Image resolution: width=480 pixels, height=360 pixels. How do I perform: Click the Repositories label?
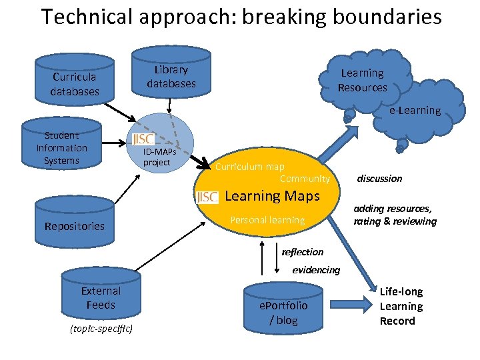(x=75, y=226)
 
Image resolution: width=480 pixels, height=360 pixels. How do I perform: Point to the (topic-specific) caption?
(x=101, y=329)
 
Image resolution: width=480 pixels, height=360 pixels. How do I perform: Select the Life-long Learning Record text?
(x=401, y=306)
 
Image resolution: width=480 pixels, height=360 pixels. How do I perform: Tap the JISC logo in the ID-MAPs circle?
(x=143, y=139)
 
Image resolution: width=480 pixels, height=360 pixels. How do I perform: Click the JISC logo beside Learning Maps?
(x=207, y=197)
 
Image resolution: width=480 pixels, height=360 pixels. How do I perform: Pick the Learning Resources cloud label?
(x=362, y=80)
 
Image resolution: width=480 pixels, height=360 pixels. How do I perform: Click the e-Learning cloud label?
(x=415, y=110)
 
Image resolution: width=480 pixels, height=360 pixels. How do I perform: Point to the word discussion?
(x=379, y=179)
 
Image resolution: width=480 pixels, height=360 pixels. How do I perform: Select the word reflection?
(x=303, y=252)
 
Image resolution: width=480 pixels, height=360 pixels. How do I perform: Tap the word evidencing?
(x=316, y=270)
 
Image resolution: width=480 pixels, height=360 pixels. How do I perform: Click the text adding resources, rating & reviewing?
(x=395, y=215)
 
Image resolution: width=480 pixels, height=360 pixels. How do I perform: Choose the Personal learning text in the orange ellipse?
(x=267, y=220)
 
